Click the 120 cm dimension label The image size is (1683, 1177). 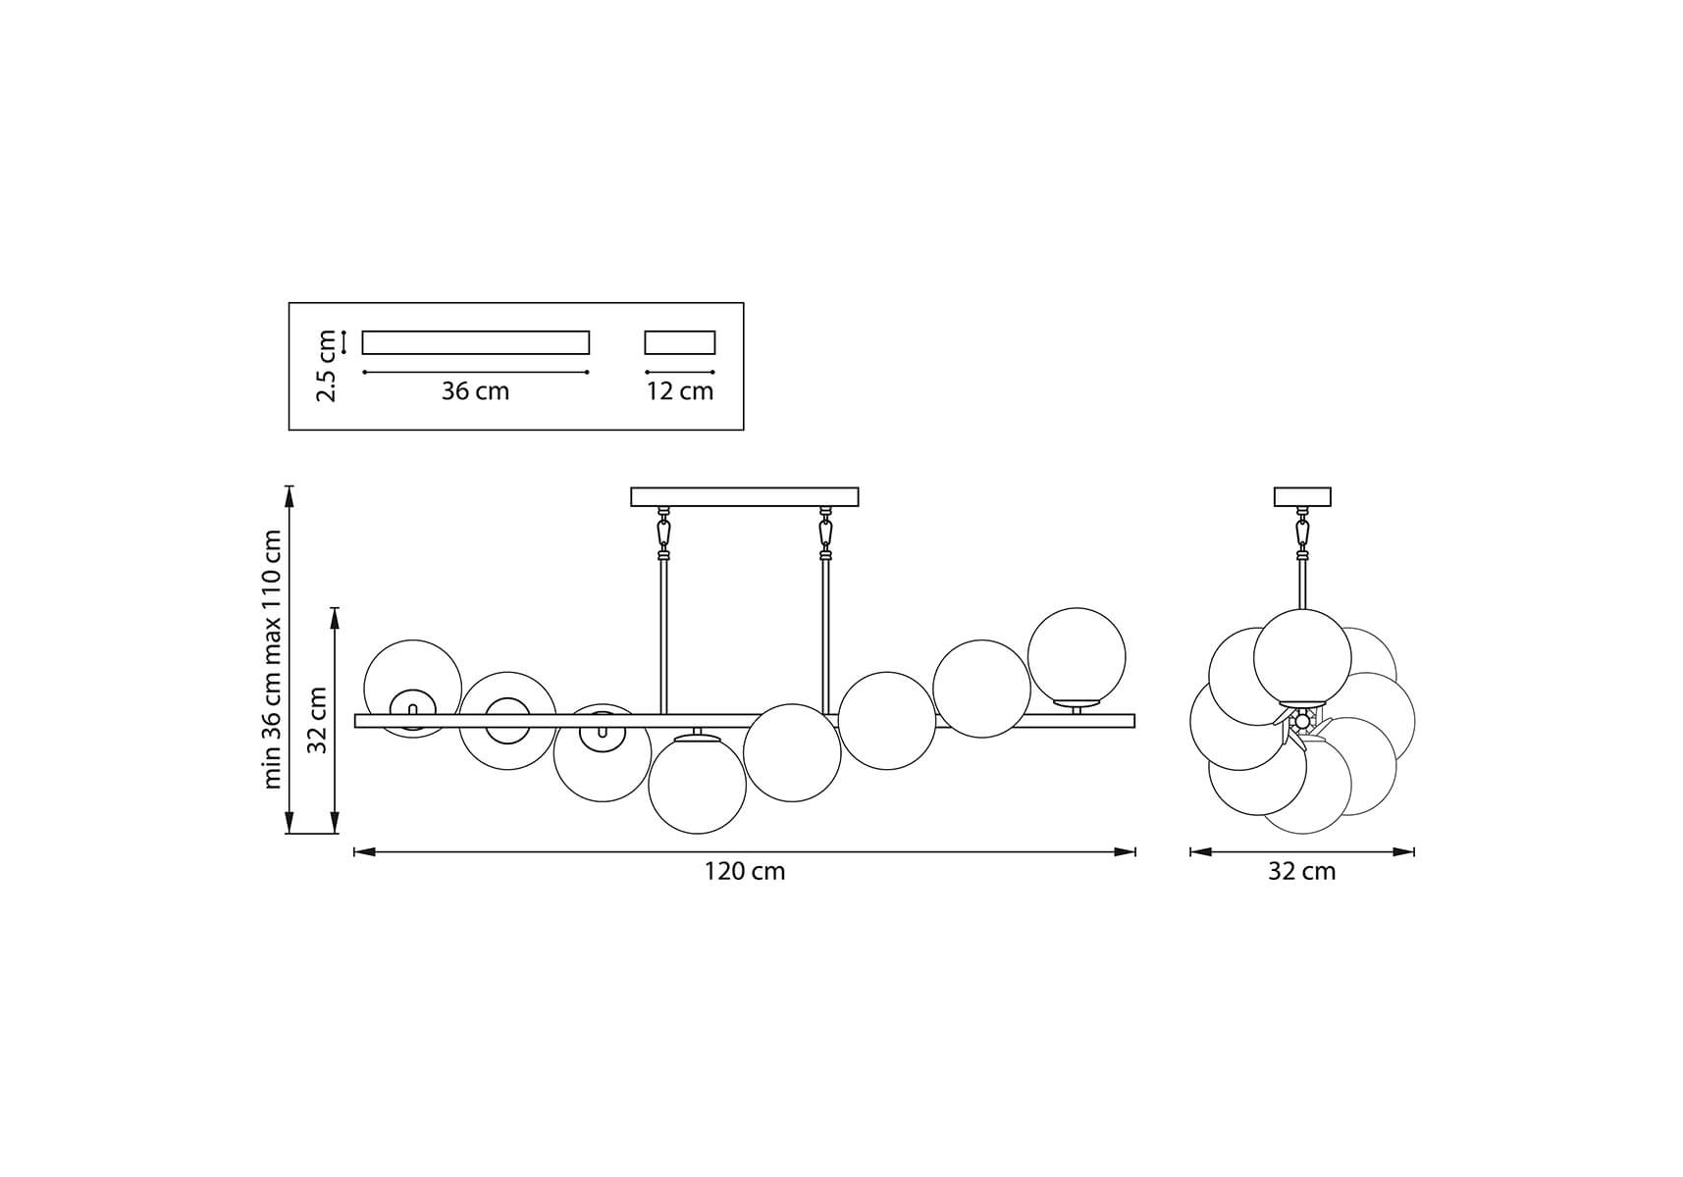pos(744,871)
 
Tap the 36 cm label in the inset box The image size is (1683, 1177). pos(475,391)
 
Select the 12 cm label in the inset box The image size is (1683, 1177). pos(680,391)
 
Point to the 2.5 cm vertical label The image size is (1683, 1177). pos(327,366)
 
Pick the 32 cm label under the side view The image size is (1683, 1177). pos(1301,871)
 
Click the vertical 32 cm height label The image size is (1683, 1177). pos(317,720)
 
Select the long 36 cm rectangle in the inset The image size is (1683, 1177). pos(476,342)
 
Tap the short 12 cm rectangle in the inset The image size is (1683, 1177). pos(680,342)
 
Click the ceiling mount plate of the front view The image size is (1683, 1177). pos(745,497)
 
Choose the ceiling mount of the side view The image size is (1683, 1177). pos(1302,497)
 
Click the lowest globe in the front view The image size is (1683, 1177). pos(698,785)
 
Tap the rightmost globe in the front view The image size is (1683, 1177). pos(1077,657)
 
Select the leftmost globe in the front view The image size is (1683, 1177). pos(413,689)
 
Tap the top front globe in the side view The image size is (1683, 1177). pos(1302,658)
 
